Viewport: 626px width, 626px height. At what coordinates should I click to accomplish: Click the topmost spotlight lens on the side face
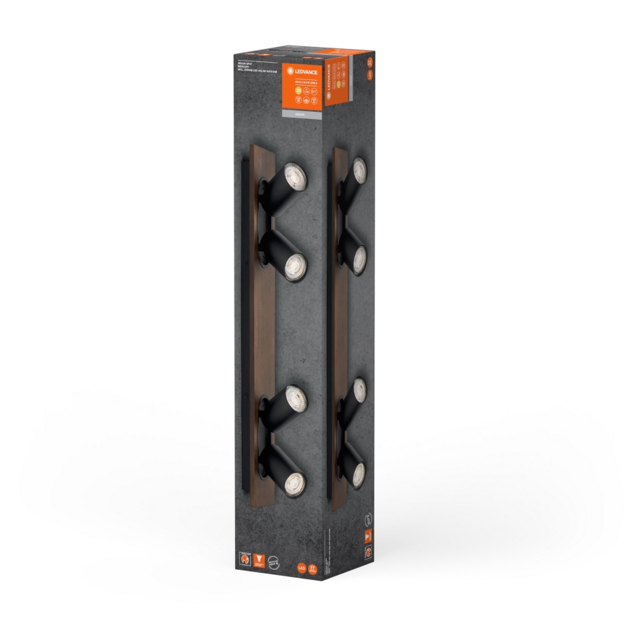pos(359,170)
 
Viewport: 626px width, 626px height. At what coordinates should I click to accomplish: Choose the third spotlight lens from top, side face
pos(359,391)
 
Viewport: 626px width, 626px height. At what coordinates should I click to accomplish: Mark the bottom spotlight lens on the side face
pos(358,474)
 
